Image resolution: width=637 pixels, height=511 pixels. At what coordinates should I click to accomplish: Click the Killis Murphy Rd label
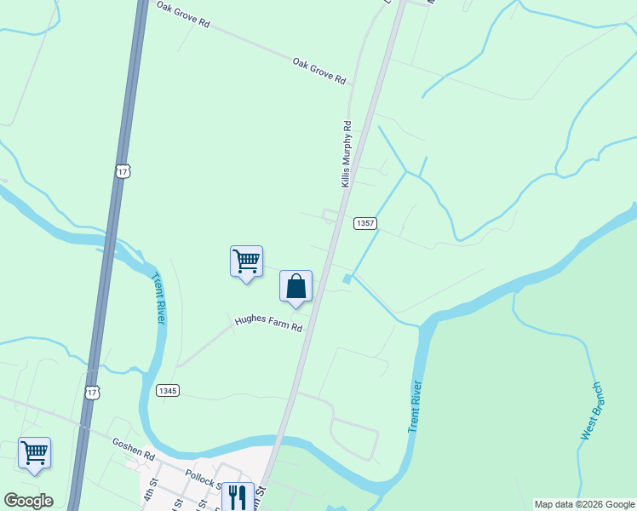tap(347, 154)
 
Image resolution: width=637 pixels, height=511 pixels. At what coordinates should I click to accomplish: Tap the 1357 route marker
tap(365, 223)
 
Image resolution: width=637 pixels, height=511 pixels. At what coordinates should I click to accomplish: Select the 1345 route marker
tap(168, 390)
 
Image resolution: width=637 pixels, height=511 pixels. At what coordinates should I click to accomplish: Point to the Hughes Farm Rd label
tap(269, 323)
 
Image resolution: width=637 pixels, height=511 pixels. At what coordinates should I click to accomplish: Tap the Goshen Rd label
tap(133, 449)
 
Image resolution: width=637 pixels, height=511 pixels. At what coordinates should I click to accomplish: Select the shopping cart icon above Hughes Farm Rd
tap(246, 260)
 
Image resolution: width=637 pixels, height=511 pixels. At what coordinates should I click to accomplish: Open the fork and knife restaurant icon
tap(238, 496)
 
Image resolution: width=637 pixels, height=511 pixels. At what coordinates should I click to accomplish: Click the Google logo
tap(28, 501)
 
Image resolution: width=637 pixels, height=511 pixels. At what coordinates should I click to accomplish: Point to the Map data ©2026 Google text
tap(584, 504)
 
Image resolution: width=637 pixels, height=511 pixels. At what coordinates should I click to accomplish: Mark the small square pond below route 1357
tap(347, 279)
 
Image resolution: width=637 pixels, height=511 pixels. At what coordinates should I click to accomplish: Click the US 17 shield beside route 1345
tap(92, 391)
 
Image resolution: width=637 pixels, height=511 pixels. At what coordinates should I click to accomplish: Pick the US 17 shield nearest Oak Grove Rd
tap(123, 171)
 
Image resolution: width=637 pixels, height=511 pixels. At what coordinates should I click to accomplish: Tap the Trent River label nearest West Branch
tap(416, 405)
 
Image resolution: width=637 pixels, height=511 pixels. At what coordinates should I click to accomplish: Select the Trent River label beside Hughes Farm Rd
tap(158, 297)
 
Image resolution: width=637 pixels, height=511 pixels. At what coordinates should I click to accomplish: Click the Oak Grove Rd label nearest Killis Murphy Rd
tap(318, 71)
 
